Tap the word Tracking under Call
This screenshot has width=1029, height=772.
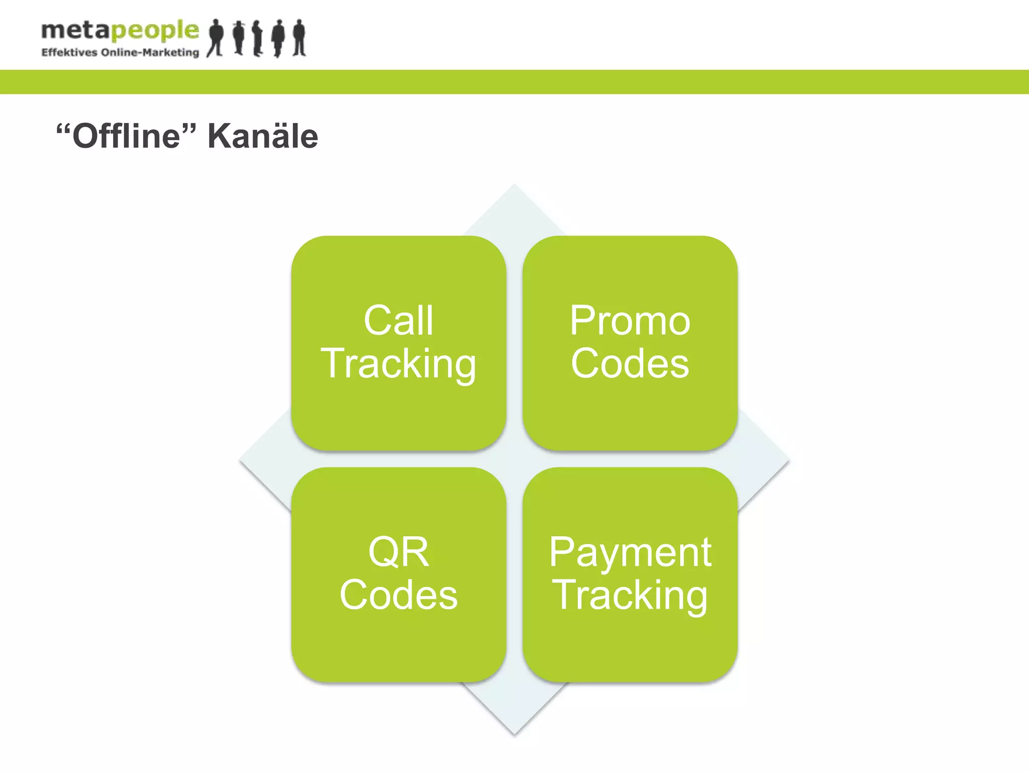(398, 364)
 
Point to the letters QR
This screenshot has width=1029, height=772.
(398, 552)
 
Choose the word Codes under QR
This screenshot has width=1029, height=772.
(398, 595)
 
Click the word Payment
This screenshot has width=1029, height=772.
(630, 552)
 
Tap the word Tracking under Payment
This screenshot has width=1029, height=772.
(630, 596)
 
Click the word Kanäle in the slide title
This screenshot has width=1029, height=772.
(263, 136)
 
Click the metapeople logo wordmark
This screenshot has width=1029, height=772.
(120, 31)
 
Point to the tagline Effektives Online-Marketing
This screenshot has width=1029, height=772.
(120, 53)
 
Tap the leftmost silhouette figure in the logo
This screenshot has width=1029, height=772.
(216, 38)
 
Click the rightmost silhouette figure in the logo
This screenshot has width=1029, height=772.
(299, 38)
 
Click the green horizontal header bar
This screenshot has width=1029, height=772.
(514, 82)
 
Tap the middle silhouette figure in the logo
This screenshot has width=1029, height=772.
(257, 38)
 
